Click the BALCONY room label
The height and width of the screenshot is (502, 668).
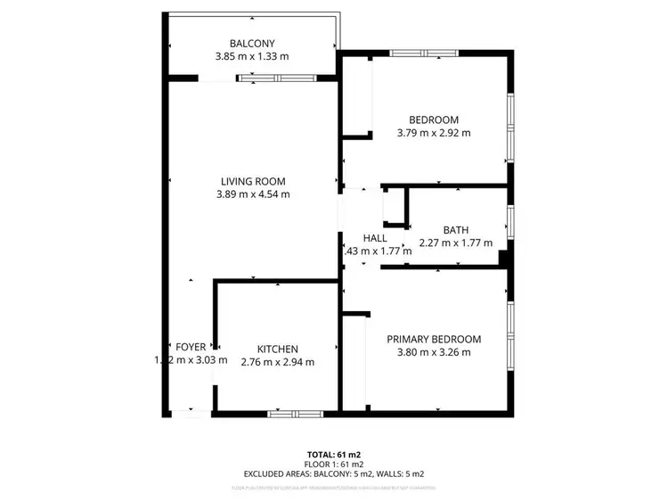252,43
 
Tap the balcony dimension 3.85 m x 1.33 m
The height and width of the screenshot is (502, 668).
252,56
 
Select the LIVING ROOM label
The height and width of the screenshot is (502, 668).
253,181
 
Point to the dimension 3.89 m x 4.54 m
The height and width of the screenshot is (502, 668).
253,194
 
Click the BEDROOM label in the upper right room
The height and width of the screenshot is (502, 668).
433,120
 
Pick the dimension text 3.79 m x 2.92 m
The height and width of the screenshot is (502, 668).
433,134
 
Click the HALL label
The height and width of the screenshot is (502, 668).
374,238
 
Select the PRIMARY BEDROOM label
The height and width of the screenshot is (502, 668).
434,339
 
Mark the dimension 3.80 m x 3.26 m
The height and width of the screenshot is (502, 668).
434,352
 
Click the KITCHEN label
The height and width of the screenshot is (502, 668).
277,349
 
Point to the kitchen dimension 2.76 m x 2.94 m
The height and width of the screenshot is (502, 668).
277,362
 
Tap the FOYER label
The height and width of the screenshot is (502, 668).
191,347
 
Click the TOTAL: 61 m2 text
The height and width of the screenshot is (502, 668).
334,455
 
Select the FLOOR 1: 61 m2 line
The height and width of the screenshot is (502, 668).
334,465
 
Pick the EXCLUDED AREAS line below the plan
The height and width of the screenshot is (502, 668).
334,473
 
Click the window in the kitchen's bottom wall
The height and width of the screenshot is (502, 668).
296,414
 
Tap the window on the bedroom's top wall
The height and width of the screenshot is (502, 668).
424,53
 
